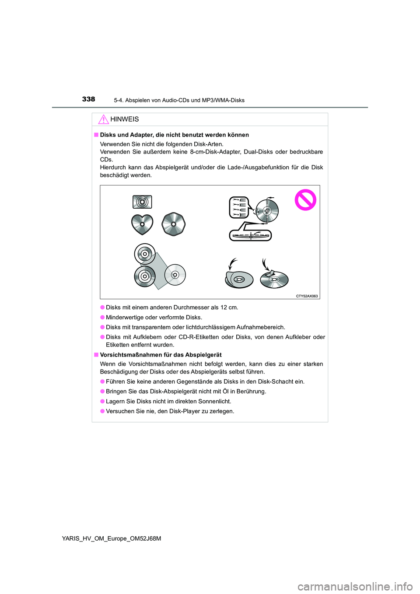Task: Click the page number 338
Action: tap(88, 99)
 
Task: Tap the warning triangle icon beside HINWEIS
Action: tap(103, 119)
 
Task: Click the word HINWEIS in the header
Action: tap(125, 119)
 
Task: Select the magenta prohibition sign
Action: tap(305, 200)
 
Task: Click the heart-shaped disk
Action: tap(142, 224)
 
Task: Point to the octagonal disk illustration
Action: tap(174, 224)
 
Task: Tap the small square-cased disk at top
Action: tap(142, 202)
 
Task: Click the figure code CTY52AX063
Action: tap(307, 296)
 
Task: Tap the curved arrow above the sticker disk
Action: tap(265, 264)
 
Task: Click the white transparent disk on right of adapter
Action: tap(175, 275)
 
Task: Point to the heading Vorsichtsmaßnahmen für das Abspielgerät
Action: tap(161, 355)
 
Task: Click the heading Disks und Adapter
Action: tap(174, 135)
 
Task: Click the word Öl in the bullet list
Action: tap(224, 391)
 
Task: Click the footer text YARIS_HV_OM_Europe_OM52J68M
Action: tap(112, 538)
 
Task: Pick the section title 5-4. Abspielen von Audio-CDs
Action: tap(179, 100)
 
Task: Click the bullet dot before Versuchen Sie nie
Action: tap(102, 411)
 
